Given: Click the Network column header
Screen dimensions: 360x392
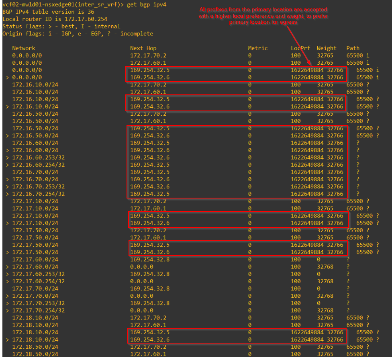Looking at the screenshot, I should pyautogui.click(x=24, y=48).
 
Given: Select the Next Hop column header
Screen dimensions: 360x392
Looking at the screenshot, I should pyautogui.click(x=143, y=48).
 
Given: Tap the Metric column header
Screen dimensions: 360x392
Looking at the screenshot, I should pyautogui.click(x=257, y=48).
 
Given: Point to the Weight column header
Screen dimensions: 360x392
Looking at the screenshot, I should pyautogui.click(x=327, y=48).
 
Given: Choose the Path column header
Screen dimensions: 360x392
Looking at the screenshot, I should pyautogui.click(x=353, y=48).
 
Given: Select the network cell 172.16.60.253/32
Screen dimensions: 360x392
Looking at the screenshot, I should pyautogui.click(x=39, y=157).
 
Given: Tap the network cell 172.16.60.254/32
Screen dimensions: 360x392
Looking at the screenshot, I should pyautogui.click(x=39, y=165).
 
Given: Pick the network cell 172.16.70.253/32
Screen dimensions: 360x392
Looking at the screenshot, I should pyautogui.click(x=39, y=186).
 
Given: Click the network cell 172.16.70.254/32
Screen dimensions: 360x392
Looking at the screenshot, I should pyautogui.click(x=39, y=194).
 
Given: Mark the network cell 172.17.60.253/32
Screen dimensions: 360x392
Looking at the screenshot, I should pyautogui.click(x=39, y=274).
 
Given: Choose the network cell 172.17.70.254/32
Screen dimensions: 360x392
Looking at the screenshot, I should pyautogui.click(x=39, y=310).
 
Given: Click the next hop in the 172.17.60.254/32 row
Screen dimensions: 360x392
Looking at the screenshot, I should pyautogui.click(x=141, y=281).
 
